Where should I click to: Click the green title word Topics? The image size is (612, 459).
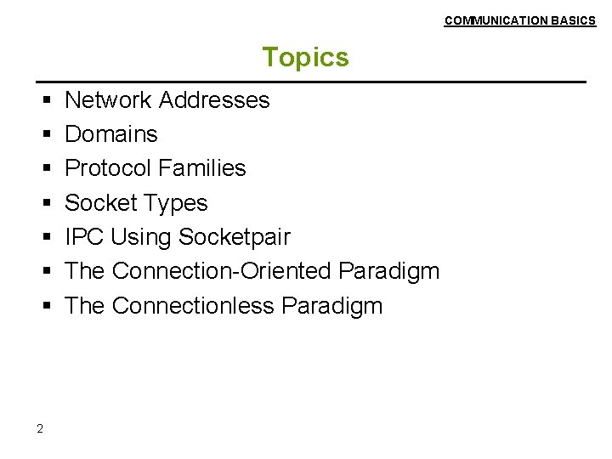pos(305,57)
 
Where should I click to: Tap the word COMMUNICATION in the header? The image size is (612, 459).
pos(496,20)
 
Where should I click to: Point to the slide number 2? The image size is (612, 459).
pos(40,428)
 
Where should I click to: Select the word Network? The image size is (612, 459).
pos(108,100)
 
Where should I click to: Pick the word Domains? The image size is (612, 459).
pos(111,134)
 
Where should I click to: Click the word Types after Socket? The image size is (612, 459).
pos(177,203)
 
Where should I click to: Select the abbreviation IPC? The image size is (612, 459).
pos(85,237)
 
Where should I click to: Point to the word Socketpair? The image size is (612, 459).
pos(235,237)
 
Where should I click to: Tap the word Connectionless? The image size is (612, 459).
pos(191,306)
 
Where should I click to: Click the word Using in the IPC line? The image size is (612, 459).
pos(141,237)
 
